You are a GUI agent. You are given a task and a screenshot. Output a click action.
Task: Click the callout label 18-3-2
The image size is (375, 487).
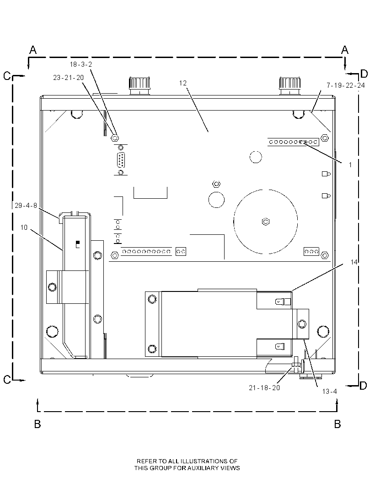(x=81, y=64)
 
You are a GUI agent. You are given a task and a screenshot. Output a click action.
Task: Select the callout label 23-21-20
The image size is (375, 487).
(x=69, y=78)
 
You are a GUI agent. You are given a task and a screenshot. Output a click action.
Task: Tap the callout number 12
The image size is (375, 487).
(x=183, y=83)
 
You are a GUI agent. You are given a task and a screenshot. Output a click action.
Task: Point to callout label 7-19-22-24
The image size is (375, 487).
(x=345, y=85)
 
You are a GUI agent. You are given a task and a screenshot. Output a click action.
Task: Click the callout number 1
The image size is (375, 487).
(x=350, y=164)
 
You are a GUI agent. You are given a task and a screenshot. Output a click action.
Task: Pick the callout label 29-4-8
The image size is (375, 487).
(x=26, y=206)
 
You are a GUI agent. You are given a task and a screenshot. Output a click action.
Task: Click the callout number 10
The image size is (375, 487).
(x=24, y=228)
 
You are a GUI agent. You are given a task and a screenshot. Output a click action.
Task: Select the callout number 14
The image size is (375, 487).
(x=354, y=262)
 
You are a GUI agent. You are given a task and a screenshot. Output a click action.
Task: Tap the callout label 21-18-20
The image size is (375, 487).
(x=264, y=387)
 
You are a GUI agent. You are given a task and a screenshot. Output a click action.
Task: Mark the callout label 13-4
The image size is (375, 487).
(x=329, y=392)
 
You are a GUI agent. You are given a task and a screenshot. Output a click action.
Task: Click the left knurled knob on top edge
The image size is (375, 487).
(x=139, y=85)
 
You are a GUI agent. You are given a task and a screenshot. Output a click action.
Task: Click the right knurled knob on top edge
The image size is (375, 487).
(x=290, y=85)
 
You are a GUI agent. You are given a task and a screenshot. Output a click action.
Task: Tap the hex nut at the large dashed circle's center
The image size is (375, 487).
(x=265, y=222)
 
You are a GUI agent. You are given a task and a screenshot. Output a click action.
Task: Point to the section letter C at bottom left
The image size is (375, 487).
(x=7, y=380)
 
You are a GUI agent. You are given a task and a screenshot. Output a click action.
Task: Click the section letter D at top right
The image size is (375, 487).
(x=364, y=74)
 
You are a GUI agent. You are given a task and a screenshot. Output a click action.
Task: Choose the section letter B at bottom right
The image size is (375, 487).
(x=337, y=424)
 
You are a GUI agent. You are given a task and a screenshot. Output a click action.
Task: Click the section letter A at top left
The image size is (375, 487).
(x=33, y=50)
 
